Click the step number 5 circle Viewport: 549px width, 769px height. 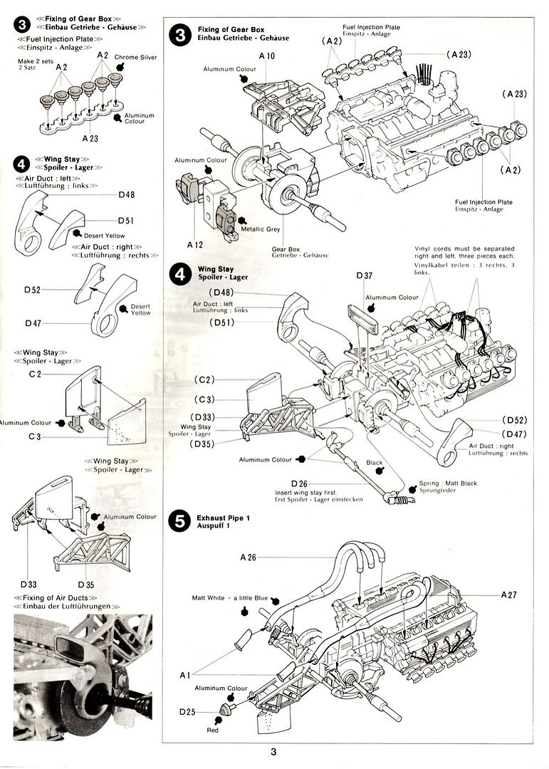click(x=179, y=520)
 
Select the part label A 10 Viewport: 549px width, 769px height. click(x=267, y=55)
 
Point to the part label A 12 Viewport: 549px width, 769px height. click(x=195, y=244)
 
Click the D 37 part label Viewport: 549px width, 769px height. click(x=365, y=276)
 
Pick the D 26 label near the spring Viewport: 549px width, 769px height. click(x=298, y=483)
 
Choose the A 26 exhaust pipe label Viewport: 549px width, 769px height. click(x=249, y=557)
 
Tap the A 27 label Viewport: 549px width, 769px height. click(x=510, y=593)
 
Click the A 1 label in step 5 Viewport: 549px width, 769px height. click(x=184, y=674)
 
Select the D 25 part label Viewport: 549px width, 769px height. click(x=187, y=711)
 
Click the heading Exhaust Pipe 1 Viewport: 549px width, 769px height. click(x=221, y=520)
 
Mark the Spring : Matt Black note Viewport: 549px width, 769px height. click(x=448, y=483)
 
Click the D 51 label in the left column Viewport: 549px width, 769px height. click(x=126, y=221)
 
